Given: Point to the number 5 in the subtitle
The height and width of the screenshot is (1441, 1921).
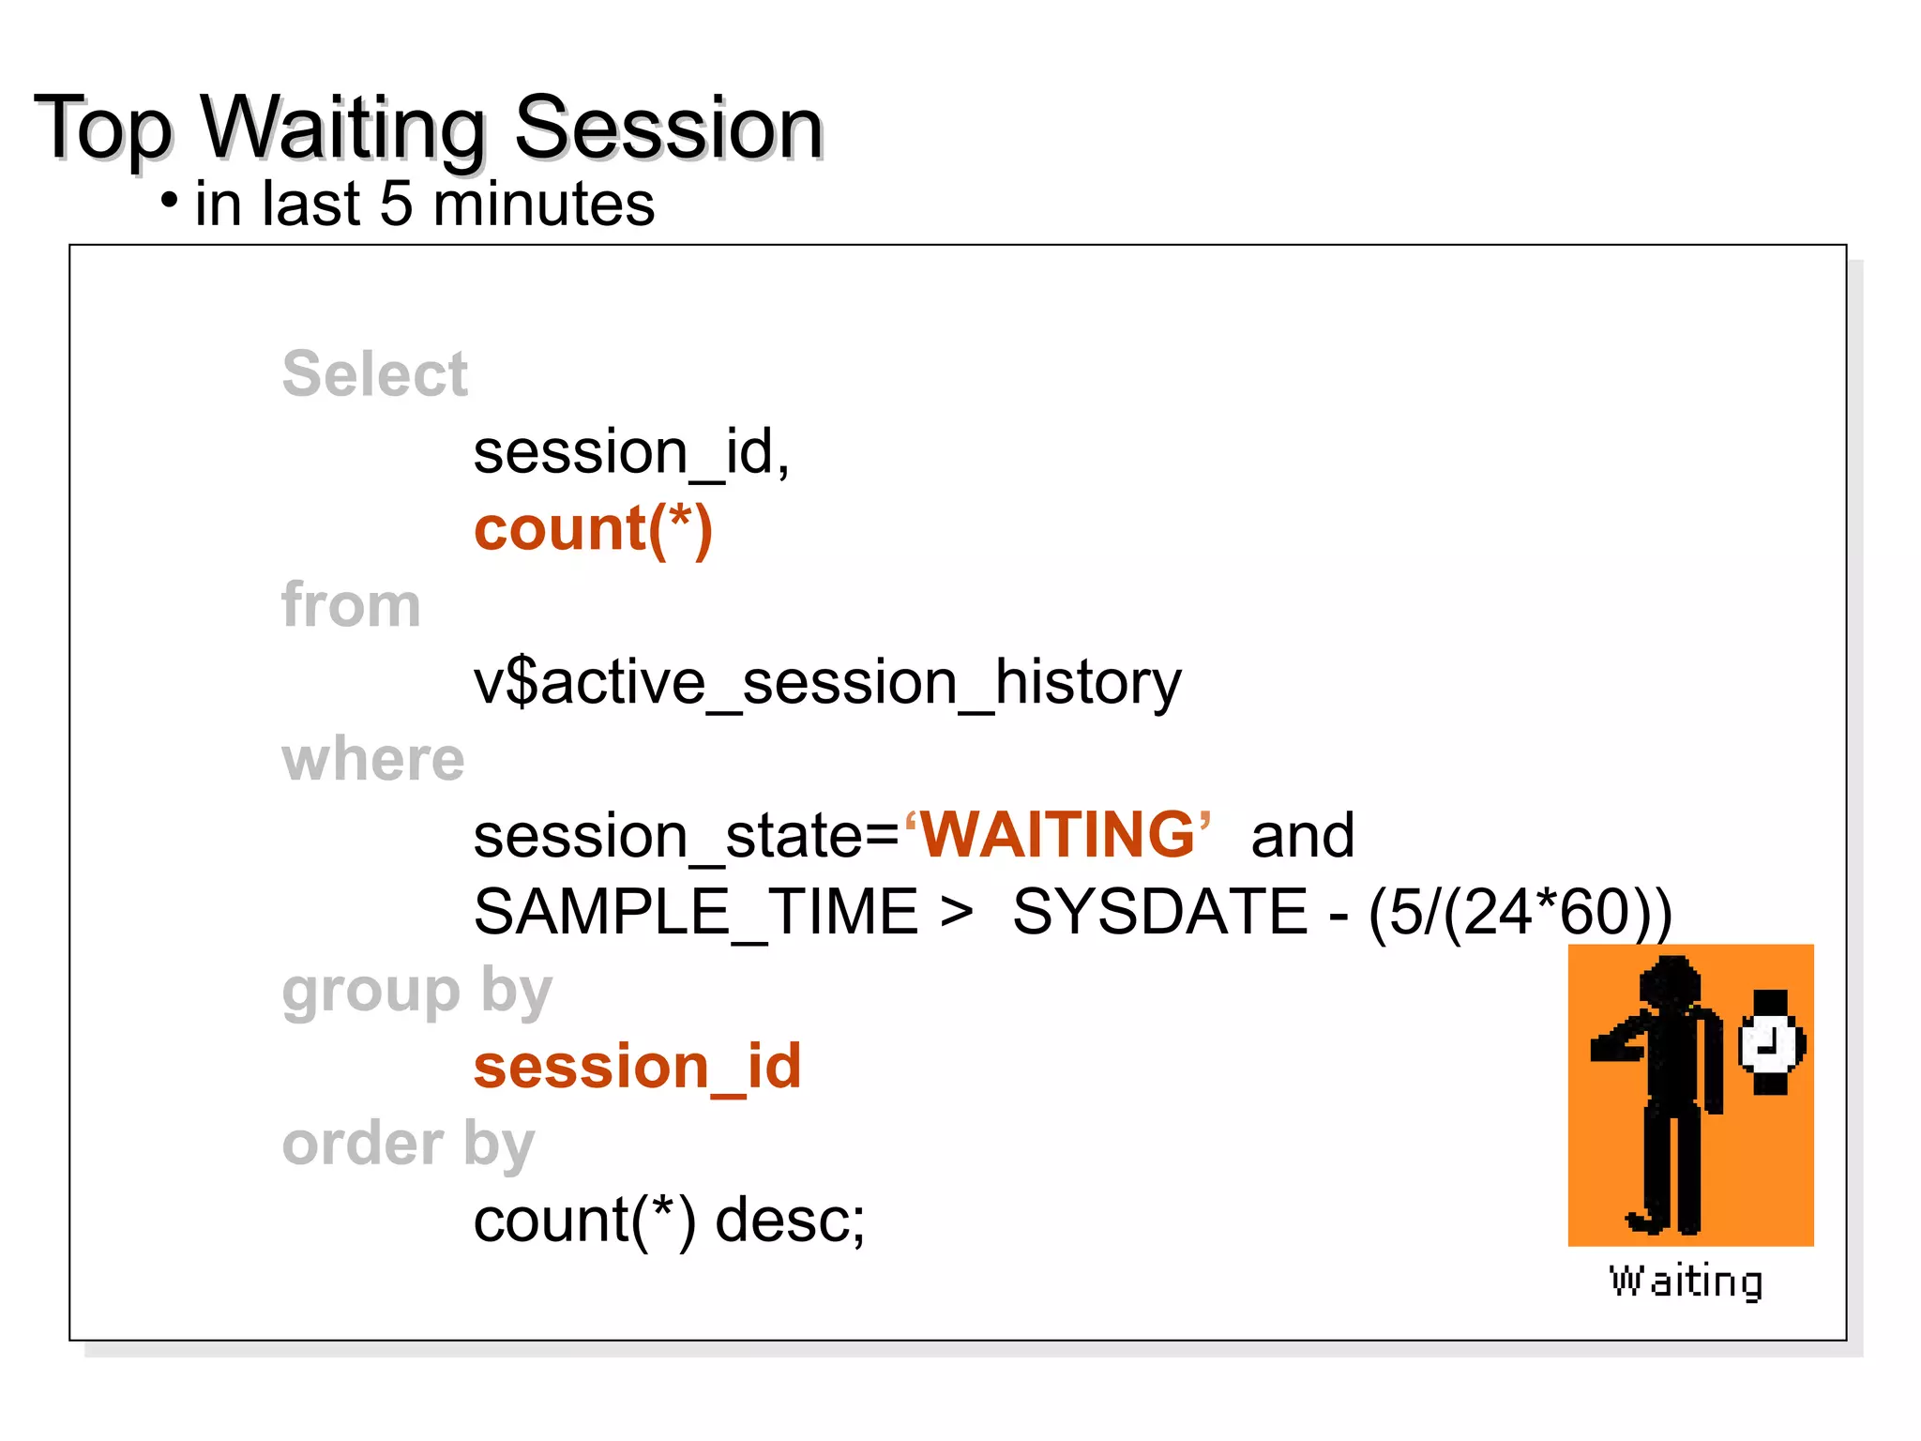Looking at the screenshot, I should click(x=396, y=204).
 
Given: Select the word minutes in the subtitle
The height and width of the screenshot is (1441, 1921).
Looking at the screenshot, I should click(x=544, y=204).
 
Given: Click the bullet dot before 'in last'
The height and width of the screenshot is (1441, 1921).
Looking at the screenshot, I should click(x=169, y=201).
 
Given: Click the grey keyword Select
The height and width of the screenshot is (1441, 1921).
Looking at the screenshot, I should click(x=374, y=373).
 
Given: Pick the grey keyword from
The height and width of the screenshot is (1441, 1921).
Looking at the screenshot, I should click(x=351, y=604).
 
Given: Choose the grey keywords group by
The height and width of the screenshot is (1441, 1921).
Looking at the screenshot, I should click(x=416, y=991).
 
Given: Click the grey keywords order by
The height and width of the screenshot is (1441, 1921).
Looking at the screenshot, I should click(x=408, y=1145).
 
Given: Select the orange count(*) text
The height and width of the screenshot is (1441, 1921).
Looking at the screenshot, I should click(x=593, y=529).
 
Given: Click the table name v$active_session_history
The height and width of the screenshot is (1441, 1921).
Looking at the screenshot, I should click(x=827, y=682).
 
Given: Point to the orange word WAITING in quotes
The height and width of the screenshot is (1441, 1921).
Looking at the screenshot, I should click(x=1057, y=834).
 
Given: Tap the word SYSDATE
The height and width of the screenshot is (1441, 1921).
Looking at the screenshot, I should click(x=1160, y=912).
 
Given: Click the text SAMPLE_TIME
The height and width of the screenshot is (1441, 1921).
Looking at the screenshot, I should click(x=695, y=912).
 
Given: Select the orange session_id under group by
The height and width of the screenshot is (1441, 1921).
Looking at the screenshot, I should click(x=638, y=1067).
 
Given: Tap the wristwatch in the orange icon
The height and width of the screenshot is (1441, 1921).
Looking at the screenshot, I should click(x=1770, y=1041).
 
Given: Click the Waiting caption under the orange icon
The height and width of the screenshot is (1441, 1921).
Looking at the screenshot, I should click(x=1686, y=1282).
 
